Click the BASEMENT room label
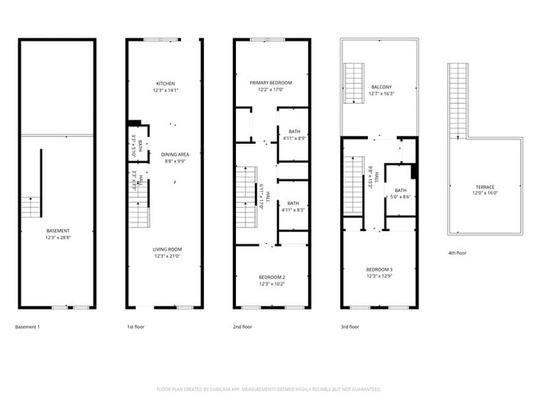(57, 231)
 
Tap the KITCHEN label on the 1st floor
(165, 84)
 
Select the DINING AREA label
(175, 154)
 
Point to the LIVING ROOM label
(167, 249)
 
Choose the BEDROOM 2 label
(272, 277)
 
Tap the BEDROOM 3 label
(379, 270)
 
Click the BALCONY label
(382, 87)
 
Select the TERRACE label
(485, 187)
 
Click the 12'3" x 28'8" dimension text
(57, 238)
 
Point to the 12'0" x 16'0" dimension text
(485, 194)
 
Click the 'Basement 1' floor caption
(27, 327)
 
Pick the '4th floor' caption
(457, 253)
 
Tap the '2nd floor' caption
(242, 327)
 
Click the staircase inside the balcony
(353, 83)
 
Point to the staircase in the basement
(32, 206)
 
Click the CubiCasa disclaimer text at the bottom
(268, 389)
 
